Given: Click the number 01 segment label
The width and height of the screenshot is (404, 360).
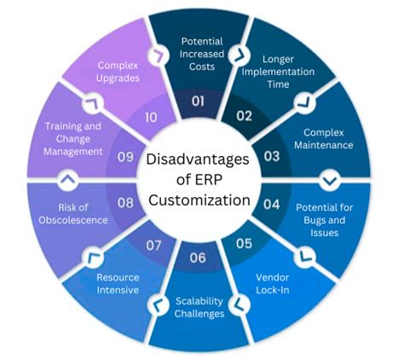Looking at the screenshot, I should tap(198, 101).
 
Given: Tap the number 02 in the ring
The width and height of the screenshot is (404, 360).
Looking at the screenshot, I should tap(245, 116).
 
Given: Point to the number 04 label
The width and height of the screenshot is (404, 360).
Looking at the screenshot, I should tap(271, 204).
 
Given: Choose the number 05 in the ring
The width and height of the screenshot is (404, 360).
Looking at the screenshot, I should tap(245, 243).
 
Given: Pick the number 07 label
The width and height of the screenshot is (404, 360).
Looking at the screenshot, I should tap(153, 245).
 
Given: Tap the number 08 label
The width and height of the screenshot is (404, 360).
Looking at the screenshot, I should tap(125, 204).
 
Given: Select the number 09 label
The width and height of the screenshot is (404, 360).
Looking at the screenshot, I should tap(125, 156).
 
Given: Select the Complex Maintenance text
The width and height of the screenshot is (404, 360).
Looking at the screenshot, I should tap(325, 139).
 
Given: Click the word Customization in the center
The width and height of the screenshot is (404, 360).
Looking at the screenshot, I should tap(198, 201).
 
